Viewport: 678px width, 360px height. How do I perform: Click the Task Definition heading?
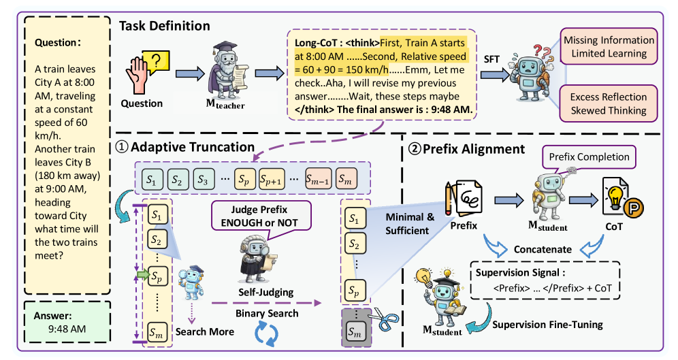(165, 27)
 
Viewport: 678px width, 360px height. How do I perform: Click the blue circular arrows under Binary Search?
(266, 333)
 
